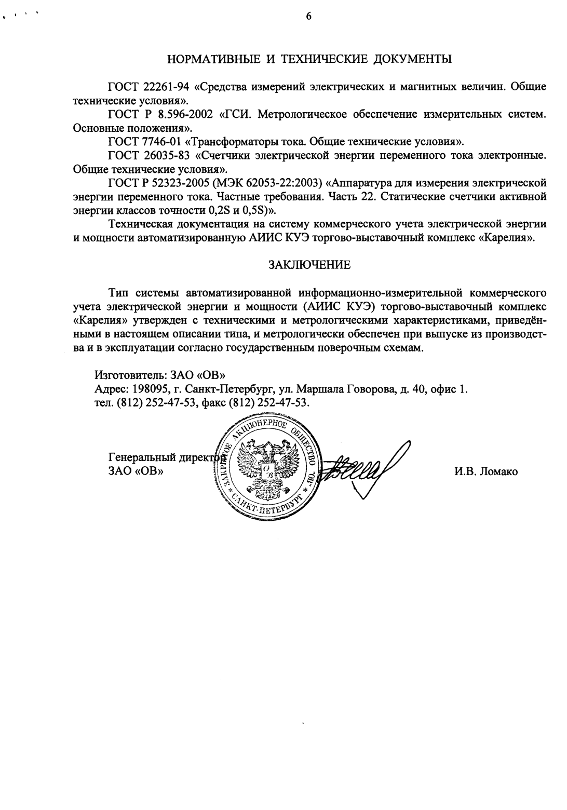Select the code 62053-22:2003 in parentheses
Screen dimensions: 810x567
(277, 182)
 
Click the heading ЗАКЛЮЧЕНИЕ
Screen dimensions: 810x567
(309, 265)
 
